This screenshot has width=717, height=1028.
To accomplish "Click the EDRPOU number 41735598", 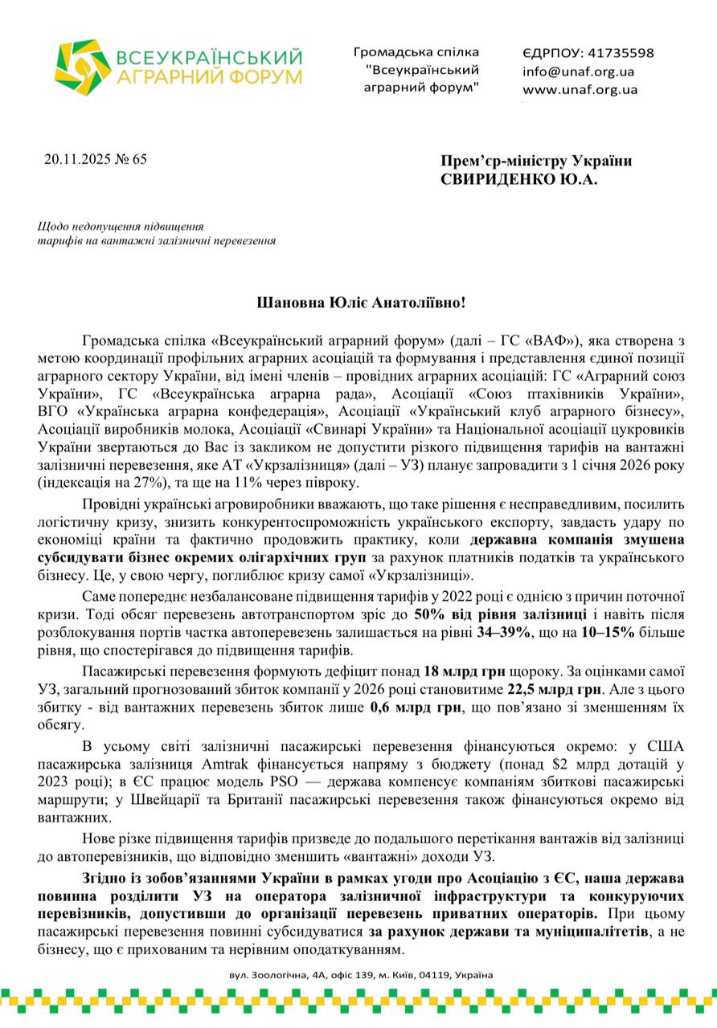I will (620, 53).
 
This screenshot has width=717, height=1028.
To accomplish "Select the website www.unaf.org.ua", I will (580, 90).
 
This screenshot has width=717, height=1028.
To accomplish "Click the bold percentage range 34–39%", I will (505, 632).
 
